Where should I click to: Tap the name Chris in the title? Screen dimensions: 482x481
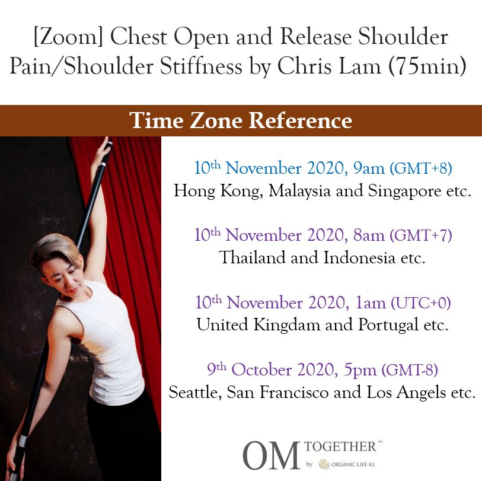coord(305,66)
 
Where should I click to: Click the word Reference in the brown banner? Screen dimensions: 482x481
coord(301,120)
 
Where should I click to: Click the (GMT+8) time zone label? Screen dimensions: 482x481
coord(421,168)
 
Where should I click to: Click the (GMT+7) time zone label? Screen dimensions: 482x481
coord(421,235)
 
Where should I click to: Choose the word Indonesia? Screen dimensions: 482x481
coord(359,257)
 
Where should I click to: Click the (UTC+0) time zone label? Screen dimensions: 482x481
coord(421,303)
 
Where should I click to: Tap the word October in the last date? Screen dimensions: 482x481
coord(261,370)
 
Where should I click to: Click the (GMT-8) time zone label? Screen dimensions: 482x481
coord(410,370)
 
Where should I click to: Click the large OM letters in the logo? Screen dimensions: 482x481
coord(271,455)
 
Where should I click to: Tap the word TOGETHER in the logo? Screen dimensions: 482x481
coord(340,447)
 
